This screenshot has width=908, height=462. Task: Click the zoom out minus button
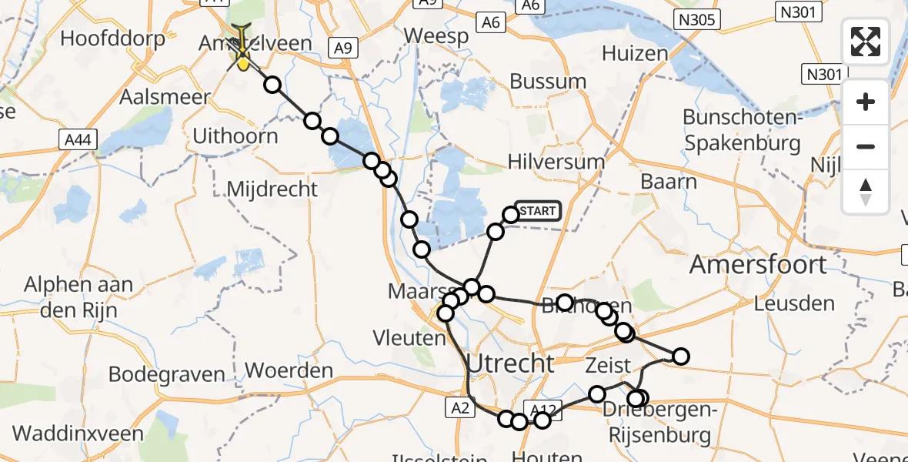(866, 146)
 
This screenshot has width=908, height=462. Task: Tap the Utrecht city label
(510, 363)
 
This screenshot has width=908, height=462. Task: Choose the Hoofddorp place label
(113, 38)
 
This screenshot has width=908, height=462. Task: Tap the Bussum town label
(548, 81)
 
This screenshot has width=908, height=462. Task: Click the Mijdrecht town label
(272, 189)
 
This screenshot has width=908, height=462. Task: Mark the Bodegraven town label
(167, 375)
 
